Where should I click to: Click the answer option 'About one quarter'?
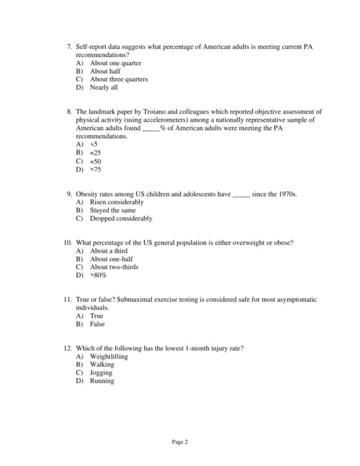coord(115,63)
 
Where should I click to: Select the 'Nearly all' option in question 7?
coord(104,88)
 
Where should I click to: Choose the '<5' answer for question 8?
coord(93,145)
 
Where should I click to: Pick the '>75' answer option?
coord(95,170)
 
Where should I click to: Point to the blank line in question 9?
coord(241,195)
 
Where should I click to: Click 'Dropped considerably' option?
coord(121,219)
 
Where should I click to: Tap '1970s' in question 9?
coord(286,195)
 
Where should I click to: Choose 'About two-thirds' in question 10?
coord(114,267)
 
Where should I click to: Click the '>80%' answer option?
coord(98,276)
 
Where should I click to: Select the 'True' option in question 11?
coord(97,316)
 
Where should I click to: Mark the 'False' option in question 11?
coord(97,324)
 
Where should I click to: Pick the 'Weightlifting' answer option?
coord(109,357)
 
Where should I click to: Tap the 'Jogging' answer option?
coord(101,373)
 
